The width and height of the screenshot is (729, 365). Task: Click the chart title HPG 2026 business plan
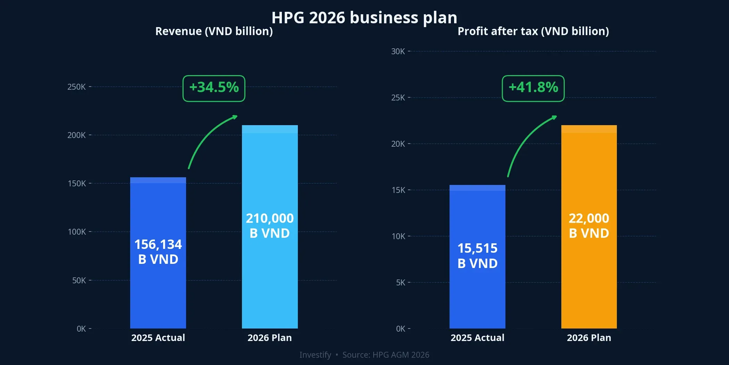tap(364, 17)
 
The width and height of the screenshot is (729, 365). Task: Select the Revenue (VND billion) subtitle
tap(214, 31)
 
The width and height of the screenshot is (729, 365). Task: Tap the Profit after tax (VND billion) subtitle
tap(533, 31)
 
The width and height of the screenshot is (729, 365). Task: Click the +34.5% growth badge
tap(214, 88)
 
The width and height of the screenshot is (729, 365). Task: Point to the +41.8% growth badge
tap(533, 88)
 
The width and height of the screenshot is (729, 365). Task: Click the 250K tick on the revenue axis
tap(76, 87)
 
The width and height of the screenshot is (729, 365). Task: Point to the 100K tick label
tap(77, 232)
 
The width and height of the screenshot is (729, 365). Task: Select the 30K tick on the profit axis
tap(398, 51)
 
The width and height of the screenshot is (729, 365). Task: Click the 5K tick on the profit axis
tap(400, 283)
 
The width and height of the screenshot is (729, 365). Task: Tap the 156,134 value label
tap(158, 244)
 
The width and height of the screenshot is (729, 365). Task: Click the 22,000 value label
tap(589, 218)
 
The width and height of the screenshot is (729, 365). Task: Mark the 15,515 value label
tap(477, 248)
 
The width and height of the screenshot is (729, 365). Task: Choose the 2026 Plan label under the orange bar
tap(589, 338)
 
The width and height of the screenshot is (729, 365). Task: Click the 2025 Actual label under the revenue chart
tap(158, 338)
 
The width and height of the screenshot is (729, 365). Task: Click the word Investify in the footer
tap(315, 355)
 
